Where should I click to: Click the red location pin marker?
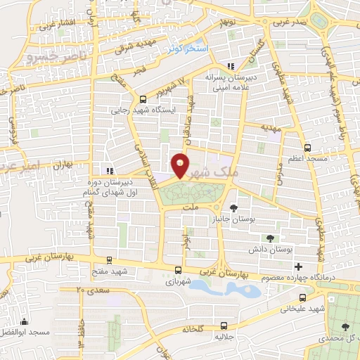coord(180,165)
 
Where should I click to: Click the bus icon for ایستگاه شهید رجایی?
coord(143,99)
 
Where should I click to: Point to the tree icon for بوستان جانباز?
coord(233,207)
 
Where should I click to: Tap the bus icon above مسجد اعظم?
coord(307,148)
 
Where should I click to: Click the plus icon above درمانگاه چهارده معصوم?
coord(299,266)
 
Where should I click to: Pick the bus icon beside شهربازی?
coord(177,270)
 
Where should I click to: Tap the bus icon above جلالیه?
coord(224,325)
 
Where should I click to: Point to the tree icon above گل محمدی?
coord(345,327)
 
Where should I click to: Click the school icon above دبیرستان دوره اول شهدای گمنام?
coord(108,170)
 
